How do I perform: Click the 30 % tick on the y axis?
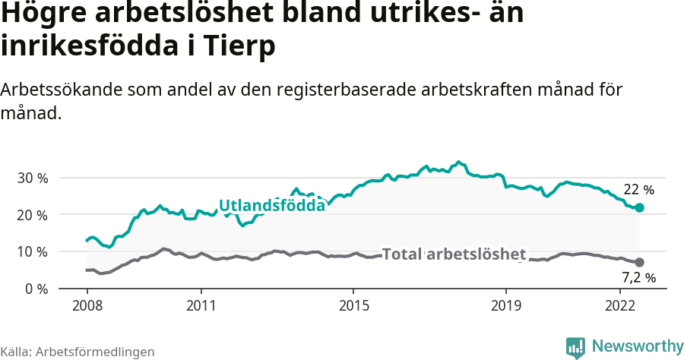pyautogui.click(x=32, y=178)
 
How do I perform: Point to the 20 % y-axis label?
pyautogui.click(x=32, y=215)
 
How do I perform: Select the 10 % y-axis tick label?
pyautogui.click(x=32, y=252)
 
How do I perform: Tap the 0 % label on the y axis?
pyautogui.click(x=36, y=289)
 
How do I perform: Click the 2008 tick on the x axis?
pyautogui.click(x=87, y=305)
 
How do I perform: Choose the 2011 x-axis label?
pyautogui.click(x=201, y=305)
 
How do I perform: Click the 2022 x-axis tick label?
pyautogui.click(x=620, y=305)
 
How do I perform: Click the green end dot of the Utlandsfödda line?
pyautogui.click(x=639, y=207)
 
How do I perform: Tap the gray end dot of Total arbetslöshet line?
pyautogui.click(x=639, y=262)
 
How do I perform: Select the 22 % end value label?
pyautogui.click(x=638, y=190)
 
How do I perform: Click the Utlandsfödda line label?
pyautogui.click(x=272, y=204)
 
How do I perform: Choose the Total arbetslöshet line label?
pyautogui.click(x=454, y=254)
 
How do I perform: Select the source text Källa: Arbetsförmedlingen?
pyautogui.click(x=78, y=352)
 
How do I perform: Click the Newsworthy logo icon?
pyautogui.click(x=575, y=347)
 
